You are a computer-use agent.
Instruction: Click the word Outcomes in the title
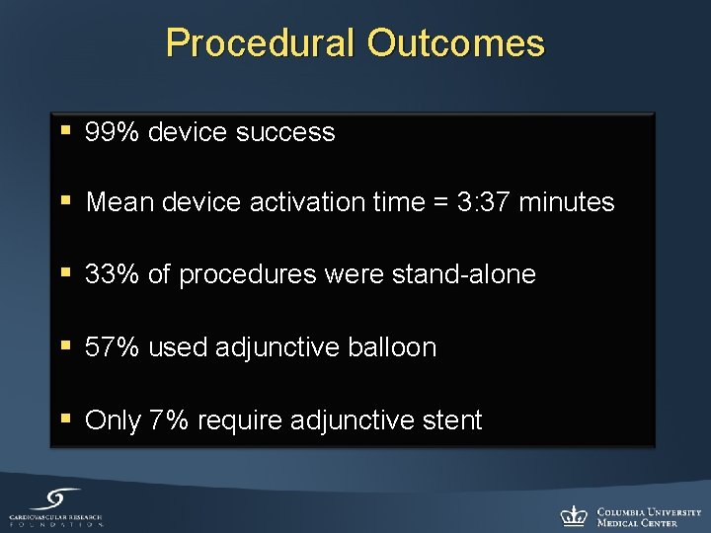(x=455, y=43)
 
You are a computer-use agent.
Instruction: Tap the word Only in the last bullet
(x=114, y=420)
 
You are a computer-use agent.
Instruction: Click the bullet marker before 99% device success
(x=66, y=130)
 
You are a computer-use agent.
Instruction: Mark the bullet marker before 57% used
(x=66, y=345)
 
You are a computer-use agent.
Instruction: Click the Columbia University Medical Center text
(x=648, y=516)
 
